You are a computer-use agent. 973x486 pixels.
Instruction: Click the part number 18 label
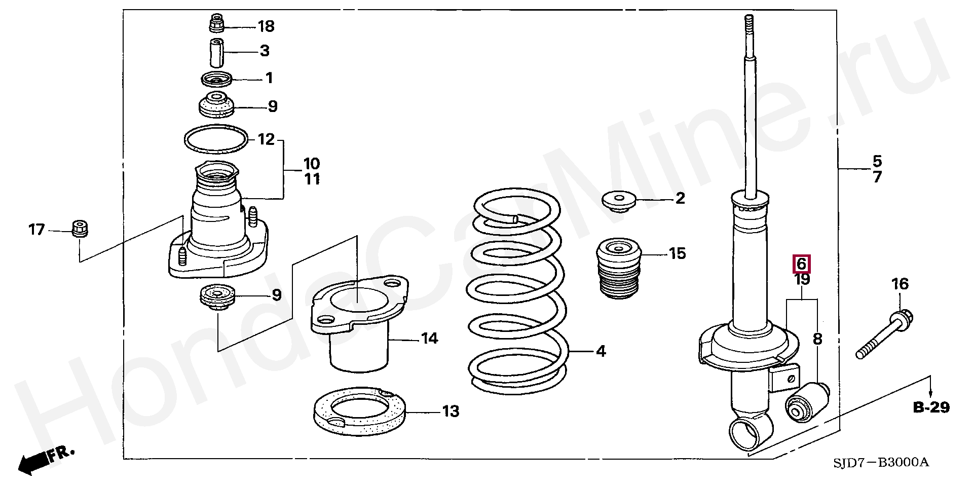click(266, 26)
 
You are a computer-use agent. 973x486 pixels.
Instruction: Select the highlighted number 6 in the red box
click(801, 264)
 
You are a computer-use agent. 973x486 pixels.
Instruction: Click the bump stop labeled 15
click(619, 272)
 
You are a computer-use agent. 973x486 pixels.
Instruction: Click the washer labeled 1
click(216, 80)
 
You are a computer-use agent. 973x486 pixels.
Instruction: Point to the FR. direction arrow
click(46, 459)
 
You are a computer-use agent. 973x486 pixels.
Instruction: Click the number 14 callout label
click(429, 338)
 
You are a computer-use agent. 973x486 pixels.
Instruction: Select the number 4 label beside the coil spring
click(601, 351)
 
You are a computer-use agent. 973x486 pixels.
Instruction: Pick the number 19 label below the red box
click(802, 279)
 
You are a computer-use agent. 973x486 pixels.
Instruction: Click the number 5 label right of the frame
click(877, 162)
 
